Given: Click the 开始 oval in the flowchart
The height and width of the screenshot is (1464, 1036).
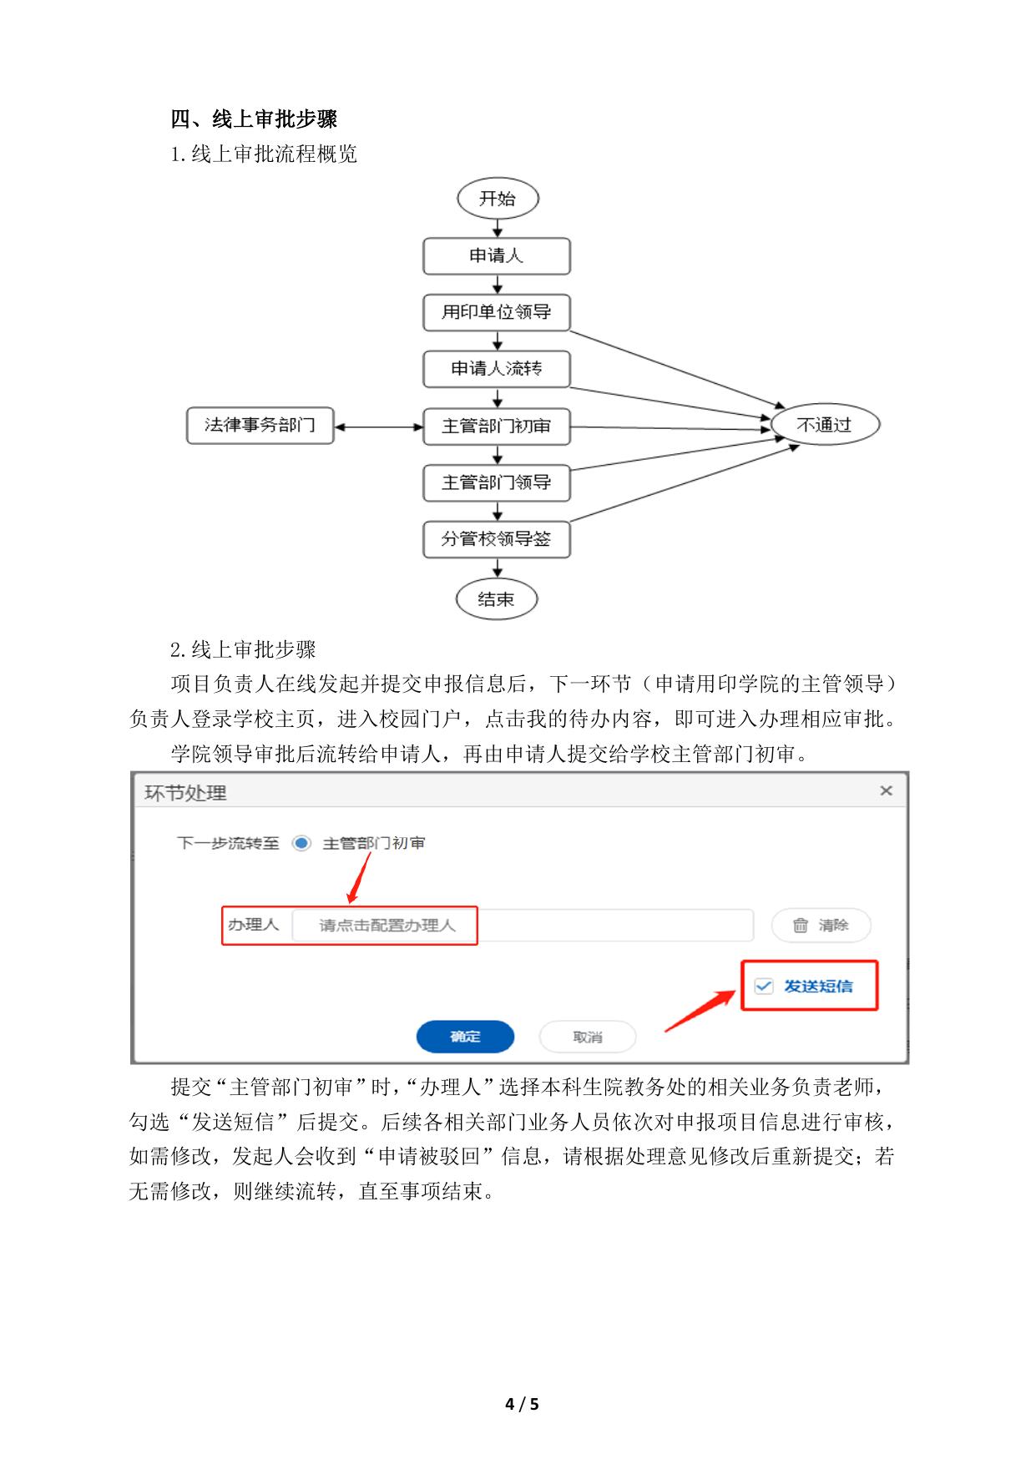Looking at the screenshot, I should pyautogui.click(x=498, y=199).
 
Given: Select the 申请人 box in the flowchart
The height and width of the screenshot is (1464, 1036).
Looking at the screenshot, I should pyautogui.click(x=497, y=256).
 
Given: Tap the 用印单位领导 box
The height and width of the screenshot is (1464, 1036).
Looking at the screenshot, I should pyautogui.click(x=497, y=312).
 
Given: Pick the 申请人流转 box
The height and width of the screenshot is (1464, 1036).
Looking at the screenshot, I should pyautogui.click(x=497, y=369).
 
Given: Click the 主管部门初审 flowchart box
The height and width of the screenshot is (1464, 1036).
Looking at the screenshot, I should pyautogui.click(x=497, y=426).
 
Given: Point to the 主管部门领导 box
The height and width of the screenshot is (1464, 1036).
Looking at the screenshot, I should pyautogui.click(x=497, y=482).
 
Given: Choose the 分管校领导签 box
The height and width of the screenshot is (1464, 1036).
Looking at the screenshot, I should pyautogui.click(x=497, y=539).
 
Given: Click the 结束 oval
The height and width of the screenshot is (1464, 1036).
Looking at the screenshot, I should pyautogui.click(x=496, y=598).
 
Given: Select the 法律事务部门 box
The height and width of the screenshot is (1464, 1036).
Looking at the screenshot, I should pyautogui.click(x=260, y=426).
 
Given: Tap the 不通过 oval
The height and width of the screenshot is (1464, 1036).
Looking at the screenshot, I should pyautogui.click(x=825, y=425).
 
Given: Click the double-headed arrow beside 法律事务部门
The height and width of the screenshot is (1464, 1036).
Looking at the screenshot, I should pyautogui.click(x=379, y=427).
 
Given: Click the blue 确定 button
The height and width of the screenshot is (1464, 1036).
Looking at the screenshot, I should pyautogui.click(x=465, y=1037).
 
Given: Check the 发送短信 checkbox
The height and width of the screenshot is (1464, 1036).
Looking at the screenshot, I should pyautogui.click(x=764, y=987).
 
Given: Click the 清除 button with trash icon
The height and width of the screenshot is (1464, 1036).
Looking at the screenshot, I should pyautogui.click(x=821, y=925).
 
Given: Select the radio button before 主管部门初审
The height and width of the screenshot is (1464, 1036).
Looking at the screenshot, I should pyautogui.click(x=301, y=843).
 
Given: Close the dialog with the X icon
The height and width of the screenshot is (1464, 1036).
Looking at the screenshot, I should pyautogui.click(x=886, y=790).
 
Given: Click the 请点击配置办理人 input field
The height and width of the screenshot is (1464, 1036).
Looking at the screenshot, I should pyautogui.click(x=522, y=925).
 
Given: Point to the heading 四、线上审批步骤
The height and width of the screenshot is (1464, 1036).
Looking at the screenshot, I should pyautogui.click(x=254, y=119).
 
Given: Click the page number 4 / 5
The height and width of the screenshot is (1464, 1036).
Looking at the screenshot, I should pyautogui.click(x=522, y=1404).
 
